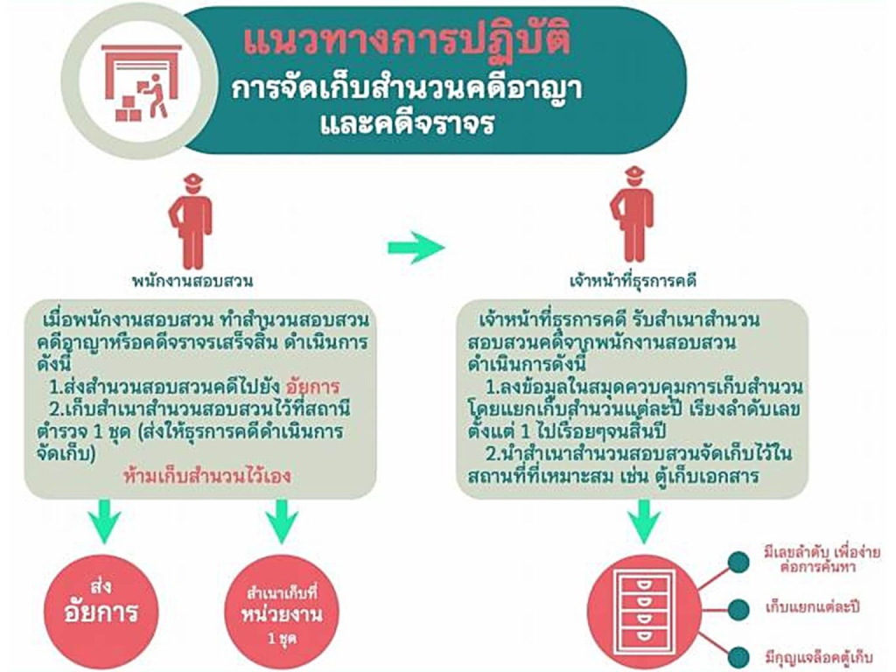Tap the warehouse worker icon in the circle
click(x=141, y=83)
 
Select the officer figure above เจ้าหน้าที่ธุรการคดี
click(x=632, y=214)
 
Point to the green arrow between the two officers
click(x=416, y=248)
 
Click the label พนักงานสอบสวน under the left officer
click(x=192, y=281)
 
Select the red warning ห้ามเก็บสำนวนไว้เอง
click(x=207, y=476)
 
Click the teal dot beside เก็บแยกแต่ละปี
click(x=738, y=610)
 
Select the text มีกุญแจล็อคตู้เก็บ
click(x=819, y=656)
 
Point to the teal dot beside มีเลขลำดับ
click(x=738, y=563)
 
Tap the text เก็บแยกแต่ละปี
click(x=812, y=607)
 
